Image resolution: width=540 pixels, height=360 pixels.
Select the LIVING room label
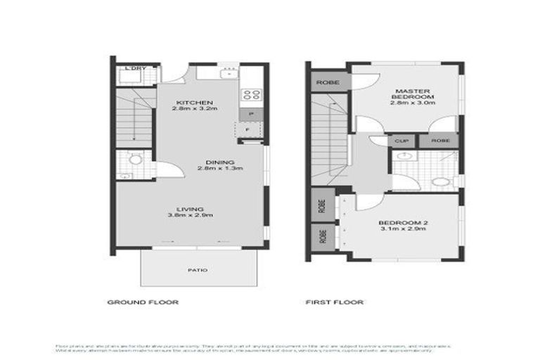coord(191,209)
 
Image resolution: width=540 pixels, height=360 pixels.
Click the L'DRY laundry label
coord(134,68)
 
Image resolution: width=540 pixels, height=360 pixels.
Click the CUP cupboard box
coord(402,141)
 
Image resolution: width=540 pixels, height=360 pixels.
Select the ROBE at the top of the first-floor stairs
coord(328,82)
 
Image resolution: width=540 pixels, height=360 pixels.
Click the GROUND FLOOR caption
coord(143,302)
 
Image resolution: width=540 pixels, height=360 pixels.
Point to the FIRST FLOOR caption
coord(334,302)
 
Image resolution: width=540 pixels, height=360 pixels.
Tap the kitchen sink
coord(229,72)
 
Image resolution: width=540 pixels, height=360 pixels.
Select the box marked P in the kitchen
coord(249,114)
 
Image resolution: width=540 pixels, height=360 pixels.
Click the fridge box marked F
coord(247,131)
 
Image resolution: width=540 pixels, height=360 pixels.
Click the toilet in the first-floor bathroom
coord(441,182)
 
